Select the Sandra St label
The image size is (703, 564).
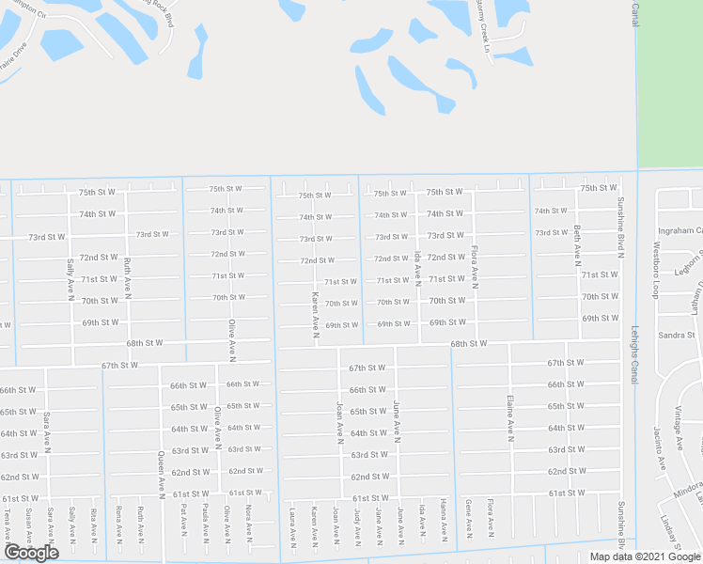[677, 334]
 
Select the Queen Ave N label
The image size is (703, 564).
[162, 471]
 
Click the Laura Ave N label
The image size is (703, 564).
[293, 525]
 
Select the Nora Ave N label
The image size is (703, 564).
[248, 524]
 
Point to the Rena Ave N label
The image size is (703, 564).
[118, 525]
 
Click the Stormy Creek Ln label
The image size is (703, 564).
[483, 29]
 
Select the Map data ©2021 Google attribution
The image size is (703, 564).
[645, 556]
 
